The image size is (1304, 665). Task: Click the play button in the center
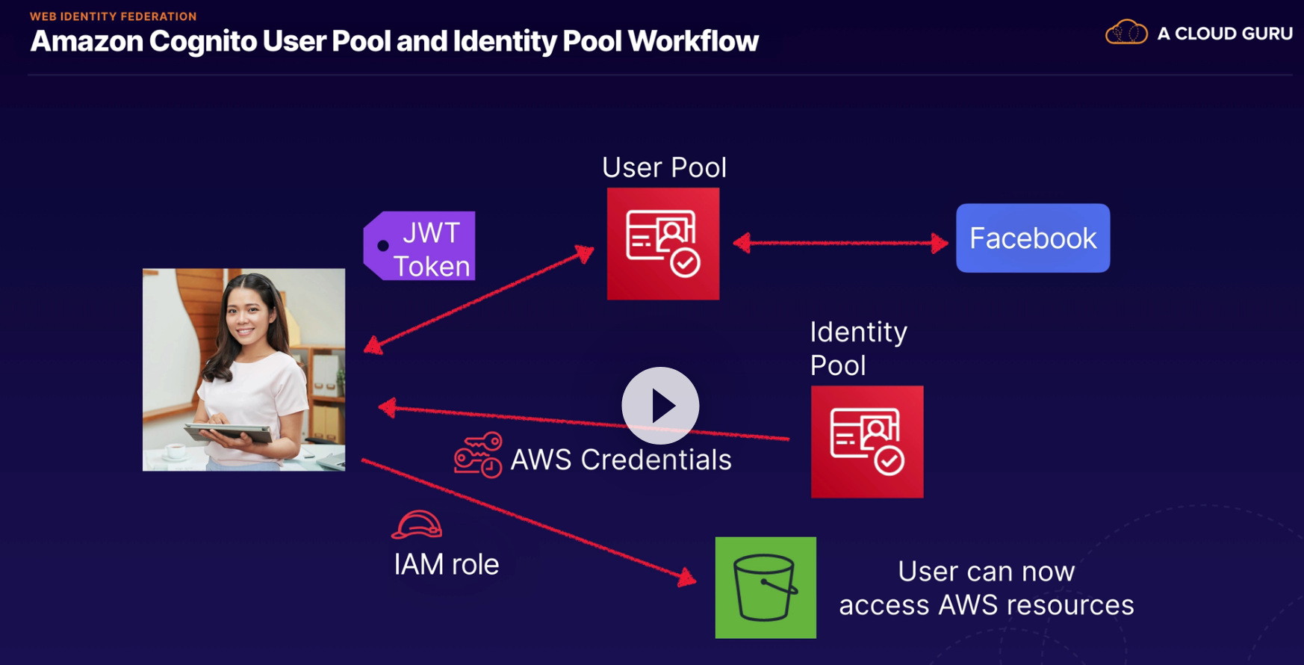click(660, 406)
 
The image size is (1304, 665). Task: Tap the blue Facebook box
click(1033, 238)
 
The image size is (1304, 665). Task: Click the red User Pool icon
click(663, 244)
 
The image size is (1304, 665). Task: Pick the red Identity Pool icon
click(867, 442)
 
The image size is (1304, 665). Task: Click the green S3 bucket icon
click(766, 587)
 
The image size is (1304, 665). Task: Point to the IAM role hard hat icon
click(417, 525)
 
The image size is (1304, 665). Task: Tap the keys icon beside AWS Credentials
click(478, 454)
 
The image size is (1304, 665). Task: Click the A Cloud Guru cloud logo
click(1126, 33)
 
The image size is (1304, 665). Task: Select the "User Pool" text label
click(664, 167)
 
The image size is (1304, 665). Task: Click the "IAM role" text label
click(446, 564)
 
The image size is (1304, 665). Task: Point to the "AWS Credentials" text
click(621, 460)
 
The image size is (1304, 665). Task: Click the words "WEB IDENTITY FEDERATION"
click(113, 16)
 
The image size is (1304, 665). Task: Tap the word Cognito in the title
click(202, 41)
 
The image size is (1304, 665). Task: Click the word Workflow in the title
click(693, 41)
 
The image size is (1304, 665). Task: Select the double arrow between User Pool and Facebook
click(840, 243)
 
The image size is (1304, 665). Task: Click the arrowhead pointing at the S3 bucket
click(686, 578)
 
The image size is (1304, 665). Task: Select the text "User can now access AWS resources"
click(986, 588)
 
